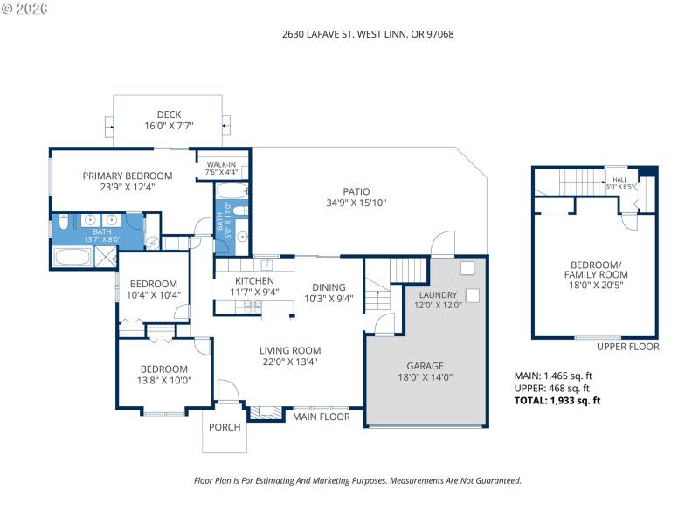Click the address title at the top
click(368, 34)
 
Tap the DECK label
click(169, 114)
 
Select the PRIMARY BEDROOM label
click(128, 176)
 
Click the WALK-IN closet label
click(221, 164)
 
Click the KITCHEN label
click(254, 281)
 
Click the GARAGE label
click(426, 366)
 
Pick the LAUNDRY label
click(437, 295)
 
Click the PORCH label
click(225, 427)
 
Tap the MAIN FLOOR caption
click(321, 417)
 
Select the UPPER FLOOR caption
click(628, 347)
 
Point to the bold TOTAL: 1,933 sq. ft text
click(557, 401)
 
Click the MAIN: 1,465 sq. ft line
click(554, 376)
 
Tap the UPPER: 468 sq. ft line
click(551, 389)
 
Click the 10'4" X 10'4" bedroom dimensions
click(155, 295)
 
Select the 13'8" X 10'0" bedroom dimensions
click(165, 381)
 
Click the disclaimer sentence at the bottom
click(356, 480)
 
